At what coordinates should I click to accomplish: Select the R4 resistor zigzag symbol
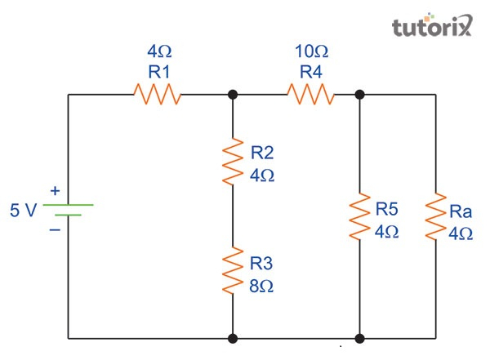click(310, 95)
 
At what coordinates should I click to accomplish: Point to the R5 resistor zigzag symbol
click(359, 216)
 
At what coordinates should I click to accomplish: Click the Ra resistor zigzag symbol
click(435, 216)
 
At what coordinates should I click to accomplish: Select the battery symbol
click(68, 210)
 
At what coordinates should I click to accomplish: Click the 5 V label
click(23, 211)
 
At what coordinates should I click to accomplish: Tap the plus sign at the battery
click(55, 191)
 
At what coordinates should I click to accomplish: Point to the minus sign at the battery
click(55, 229)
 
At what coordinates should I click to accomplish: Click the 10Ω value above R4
click(310, 53)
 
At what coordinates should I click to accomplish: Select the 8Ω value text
click(262, 287)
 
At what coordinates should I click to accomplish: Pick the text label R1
click(159, 72)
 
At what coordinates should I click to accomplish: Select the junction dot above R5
click(359, 95)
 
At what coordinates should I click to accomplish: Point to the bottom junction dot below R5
click(359, 337)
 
